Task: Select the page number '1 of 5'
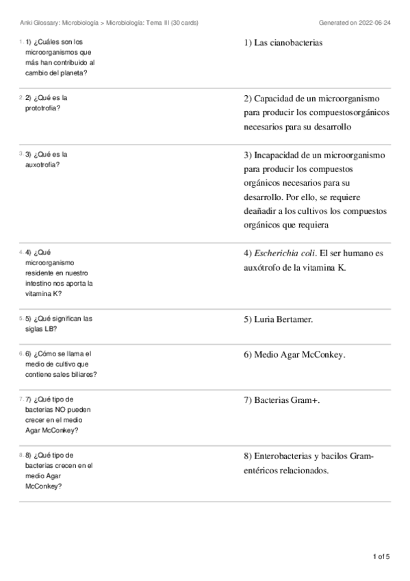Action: [x=381, y=556]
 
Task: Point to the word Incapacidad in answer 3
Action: [x=277, y=155]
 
